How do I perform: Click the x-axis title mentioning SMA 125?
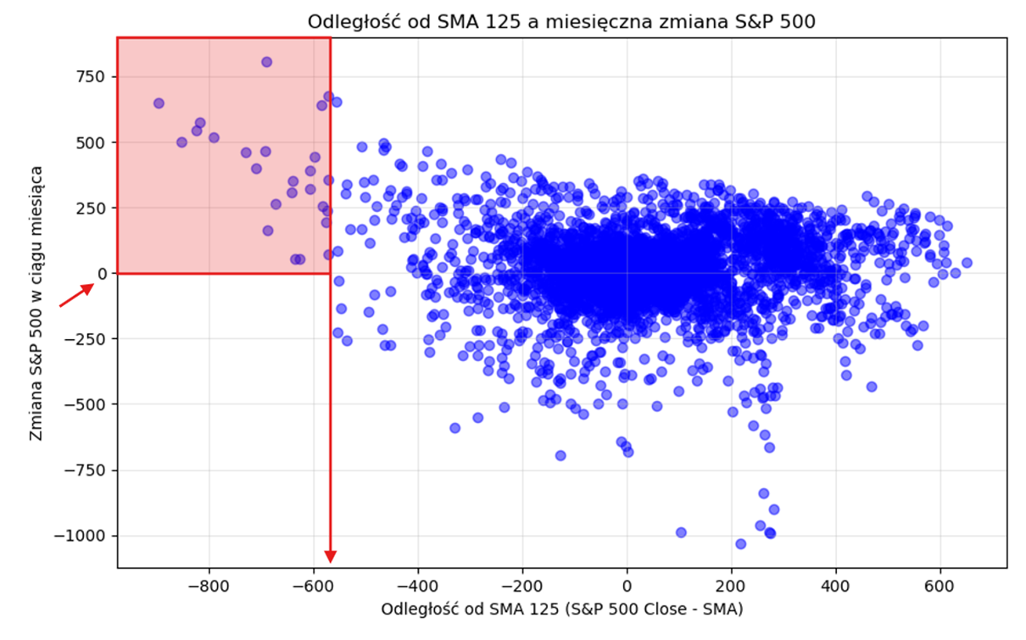(561, 609)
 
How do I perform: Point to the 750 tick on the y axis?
(90, 77)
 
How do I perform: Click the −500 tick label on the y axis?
(85, 404)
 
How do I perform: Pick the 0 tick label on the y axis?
(103, 274)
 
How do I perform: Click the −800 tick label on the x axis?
(208, 586)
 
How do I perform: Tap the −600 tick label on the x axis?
(313, 586)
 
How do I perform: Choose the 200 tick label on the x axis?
(731, 586)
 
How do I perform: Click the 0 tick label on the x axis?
(627, 586)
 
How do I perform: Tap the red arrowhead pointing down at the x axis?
(331, 556)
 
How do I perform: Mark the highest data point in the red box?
(266, 62)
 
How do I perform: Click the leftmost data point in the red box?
(159, 103)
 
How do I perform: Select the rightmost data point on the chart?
(967, 263)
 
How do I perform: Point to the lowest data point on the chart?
(740, 543)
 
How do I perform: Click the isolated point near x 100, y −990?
(680, 532)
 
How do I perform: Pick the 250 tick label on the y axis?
(90, 209)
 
